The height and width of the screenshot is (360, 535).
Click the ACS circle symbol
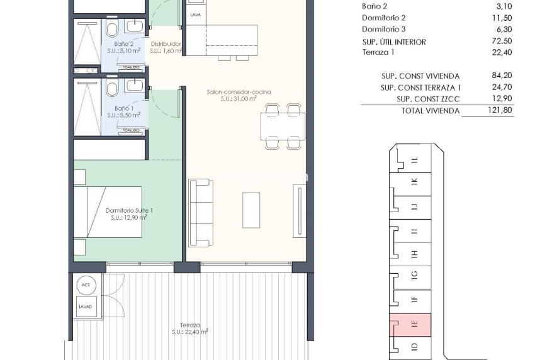85,286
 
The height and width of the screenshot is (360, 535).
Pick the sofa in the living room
201,212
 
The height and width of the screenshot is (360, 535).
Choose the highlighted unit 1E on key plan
410,323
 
